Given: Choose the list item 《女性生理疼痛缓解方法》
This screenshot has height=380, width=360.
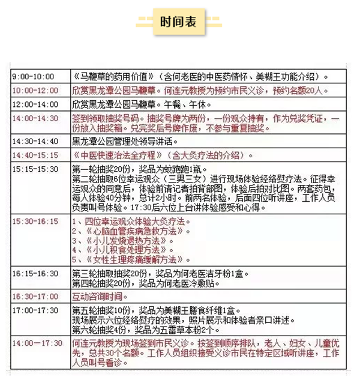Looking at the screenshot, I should click(136, 259).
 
